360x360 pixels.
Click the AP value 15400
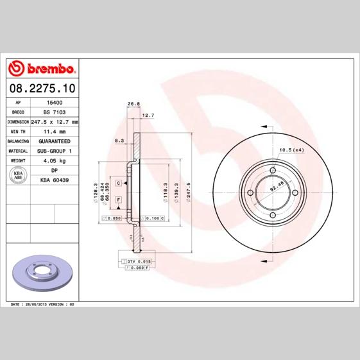tap(55, 102)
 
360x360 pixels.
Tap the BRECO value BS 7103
tap(55, 112)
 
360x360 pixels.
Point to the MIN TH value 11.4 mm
tap(55, 131)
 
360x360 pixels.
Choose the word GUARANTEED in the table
tap(55, 141)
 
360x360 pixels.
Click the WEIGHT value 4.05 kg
tap(55, 160)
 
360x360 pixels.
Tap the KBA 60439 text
tap(55, 180)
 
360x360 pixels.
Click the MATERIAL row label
tap(18, 150)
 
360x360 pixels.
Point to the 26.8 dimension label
tap(133, 103)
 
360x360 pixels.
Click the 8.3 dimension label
tap(119, 140)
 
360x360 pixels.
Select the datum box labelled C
tap(119, 184)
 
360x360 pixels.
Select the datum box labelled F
tap(119, 200)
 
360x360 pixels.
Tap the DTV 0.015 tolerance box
tap(138, 262)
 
